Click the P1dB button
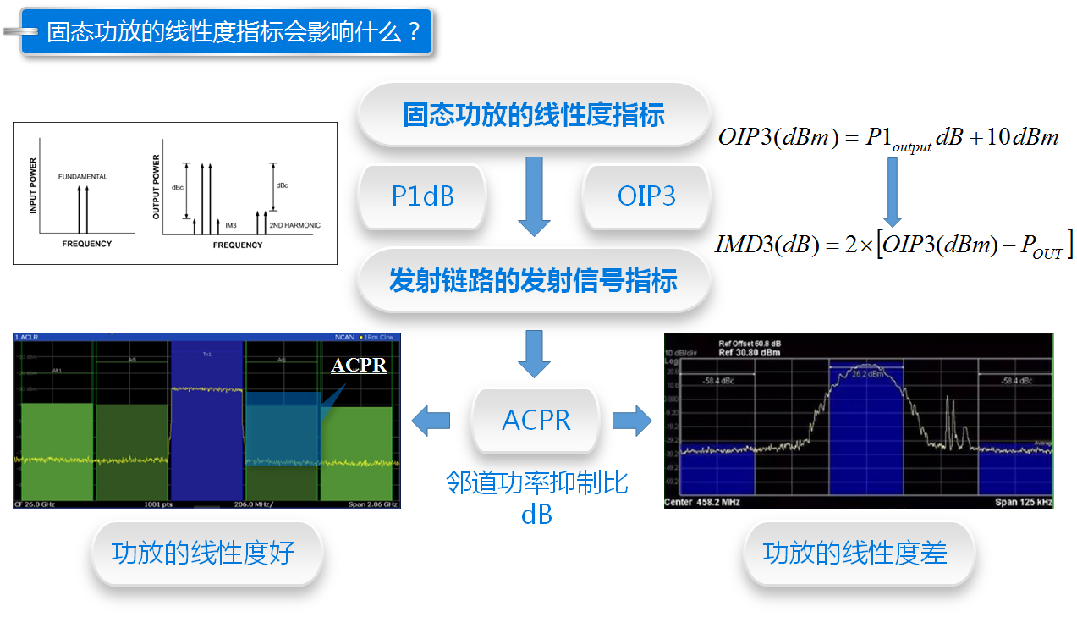[422, 196]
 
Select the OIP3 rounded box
[646, 196]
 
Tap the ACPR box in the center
[536, 420]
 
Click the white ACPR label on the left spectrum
[359, 366]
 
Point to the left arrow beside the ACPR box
[431, 420]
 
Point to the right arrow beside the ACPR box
[632, 420]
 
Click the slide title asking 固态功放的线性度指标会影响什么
[233, 32]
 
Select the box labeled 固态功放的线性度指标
[533, 114]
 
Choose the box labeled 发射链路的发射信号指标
[533, 280]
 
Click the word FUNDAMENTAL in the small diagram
[83, 176]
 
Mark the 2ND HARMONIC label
[294, 225]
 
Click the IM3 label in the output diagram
[231, 225]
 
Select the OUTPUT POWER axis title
[157, 187]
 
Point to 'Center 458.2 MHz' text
[701, 503]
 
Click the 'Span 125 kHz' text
[1024, 503]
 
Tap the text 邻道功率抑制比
[536, 483]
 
